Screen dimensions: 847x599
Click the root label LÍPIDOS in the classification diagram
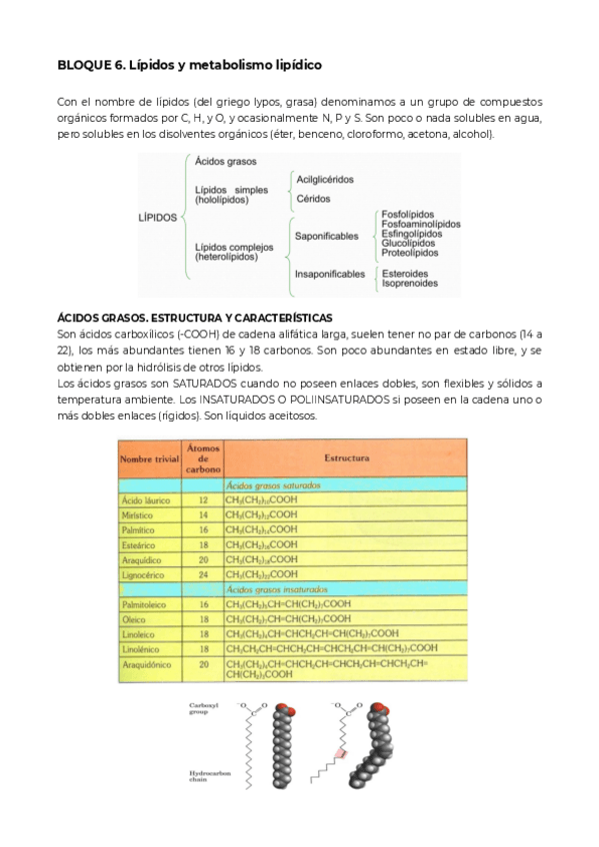click(x=157, y=217)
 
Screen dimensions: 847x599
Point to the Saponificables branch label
click(x=326, y=236)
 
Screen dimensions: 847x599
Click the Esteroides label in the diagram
click(x=405, y=273)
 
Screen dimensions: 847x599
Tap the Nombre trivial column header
click(x=148, y=458)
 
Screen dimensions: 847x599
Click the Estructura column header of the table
click(x=346, y=458)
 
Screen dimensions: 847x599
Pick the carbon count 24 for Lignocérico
click(x=204, y=574)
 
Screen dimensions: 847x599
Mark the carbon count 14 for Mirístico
click(x=204, y=513)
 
